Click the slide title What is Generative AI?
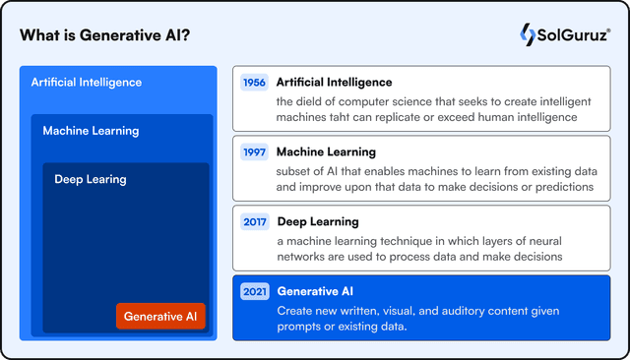[x=105, y=36]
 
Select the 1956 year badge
[x=255, y=83]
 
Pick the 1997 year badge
[x=255, y=152]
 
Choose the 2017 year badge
[x=255, y=222]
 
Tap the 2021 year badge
[x=255, y=292]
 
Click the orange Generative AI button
[x=160, y=316]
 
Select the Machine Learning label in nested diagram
[x=91, y=131]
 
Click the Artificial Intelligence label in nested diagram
[x=87, y=83]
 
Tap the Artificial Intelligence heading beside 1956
[x=334, y=83]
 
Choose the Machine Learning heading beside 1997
[x=326, y=152]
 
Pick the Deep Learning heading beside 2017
[x=318, y=222]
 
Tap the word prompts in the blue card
[x=299, y=327]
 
